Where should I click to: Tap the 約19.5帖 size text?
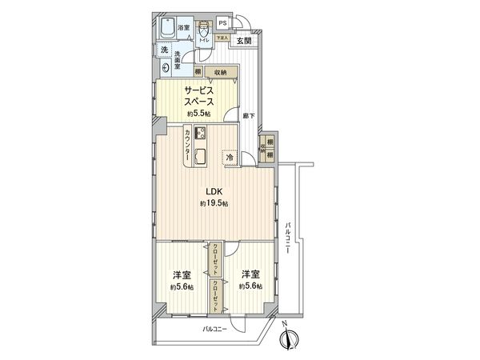pyautogui.click(x=214, y=204)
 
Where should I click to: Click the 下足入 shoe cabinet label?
pyautogui.click(x=221, y=38)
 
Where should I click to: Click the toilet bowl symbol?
pyautogui.click(x=204, y=29)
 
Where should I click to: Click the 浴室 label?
pyautogui.click(x=183, y=29)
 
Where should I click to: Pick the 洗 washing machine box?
pyautogui.click(x=162, y=50)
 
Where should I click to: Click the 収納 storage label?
pyautogui.click(x=219, y=72)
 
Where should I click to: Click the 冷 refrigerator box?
pyautogui.click(x=230, y=158)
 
